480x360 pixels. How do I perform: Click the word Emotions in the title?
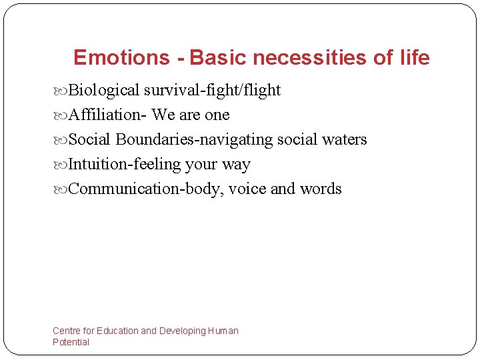[122, 58]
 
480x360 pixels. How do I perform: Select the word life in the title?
[415, 58]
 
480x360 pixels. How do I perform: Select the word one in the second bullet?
[217, 115]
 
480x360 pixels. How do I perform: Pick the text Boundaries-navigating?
[194, 140]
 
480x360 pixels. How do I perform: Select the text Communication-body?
[145, 189]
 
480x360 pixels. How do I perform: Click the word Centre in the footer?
[67, 331]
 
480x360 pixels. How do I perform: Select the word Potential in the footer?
[71, 342]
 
